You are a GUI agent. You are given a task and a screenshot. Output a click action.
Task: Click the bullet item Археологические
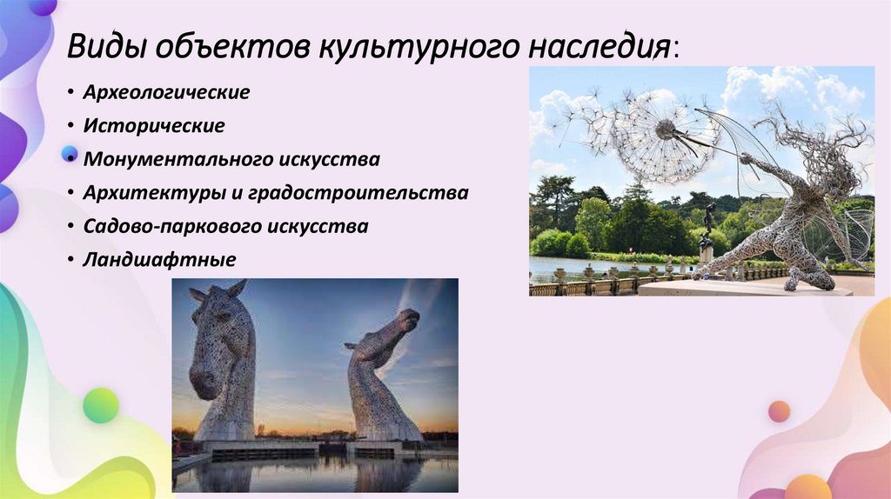point(166,92)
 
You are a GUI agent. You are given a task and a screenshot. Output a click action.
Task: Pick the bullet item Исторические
point(154,125)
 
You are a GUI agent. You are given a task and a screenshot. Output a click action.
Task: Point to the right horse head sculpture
point(380,374)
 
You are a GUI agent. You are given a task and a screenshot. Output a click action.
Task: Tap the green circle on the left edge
point(100,405)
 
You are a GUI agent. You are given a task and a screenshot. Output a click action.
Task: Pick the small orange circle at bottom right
point(779,411)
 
